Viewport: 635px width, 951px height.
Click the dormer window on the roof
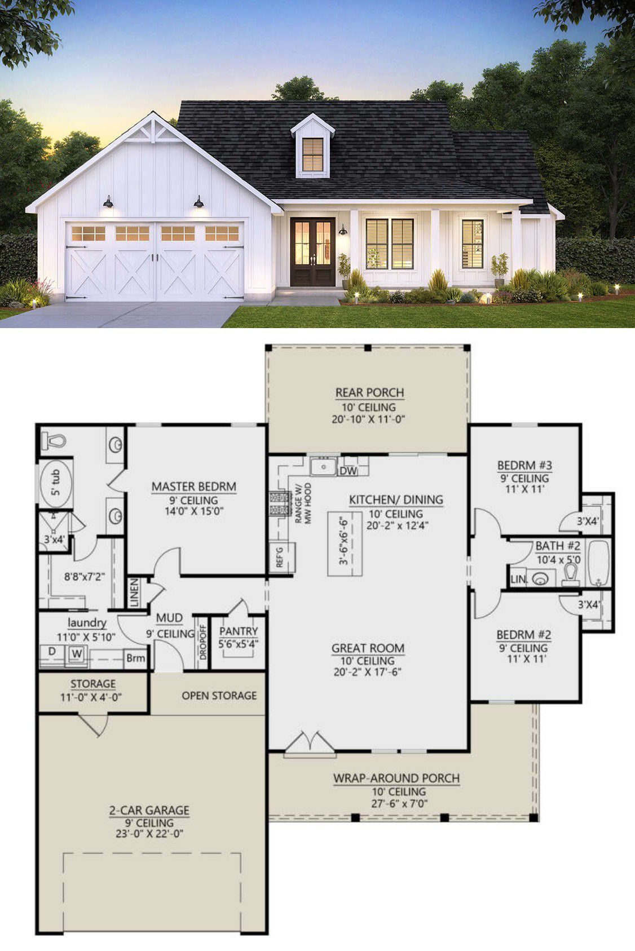(x=312, y=154)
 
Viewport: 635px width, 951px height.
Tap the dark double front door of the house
(x=312, y=252)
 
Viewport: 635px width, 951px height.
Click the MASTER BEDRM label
(x=193, y=486)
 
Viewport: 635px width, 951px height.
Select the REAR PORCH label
(x=369, y=393)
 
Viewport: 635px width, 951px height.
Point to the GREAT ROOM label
(x=368, y=648)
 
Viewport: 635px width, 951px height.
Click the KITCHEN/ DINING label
(x=396, y=500)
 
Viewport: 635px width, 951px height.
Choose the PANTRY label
(x=239, y=631)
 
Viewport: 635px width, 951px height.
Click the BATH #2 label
(x=558, y=546)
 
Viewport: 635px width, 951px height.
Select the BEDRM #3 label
(x=524, y=465)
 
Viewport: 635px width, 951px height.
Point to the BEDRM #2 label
(x=524, y=635)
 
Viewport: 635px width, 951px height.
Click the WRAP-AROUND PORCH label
(x=396, y=778)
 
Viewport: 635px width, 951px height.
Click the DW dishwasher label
(x=349, y=470)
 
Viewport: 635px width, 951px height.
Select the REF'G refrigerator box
(x=282, y=557)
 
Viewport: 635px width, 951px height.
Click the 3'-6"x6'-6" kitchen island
(x=345, y=544)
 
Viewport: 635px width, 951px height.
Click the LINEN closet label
(x=134, y=592)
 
